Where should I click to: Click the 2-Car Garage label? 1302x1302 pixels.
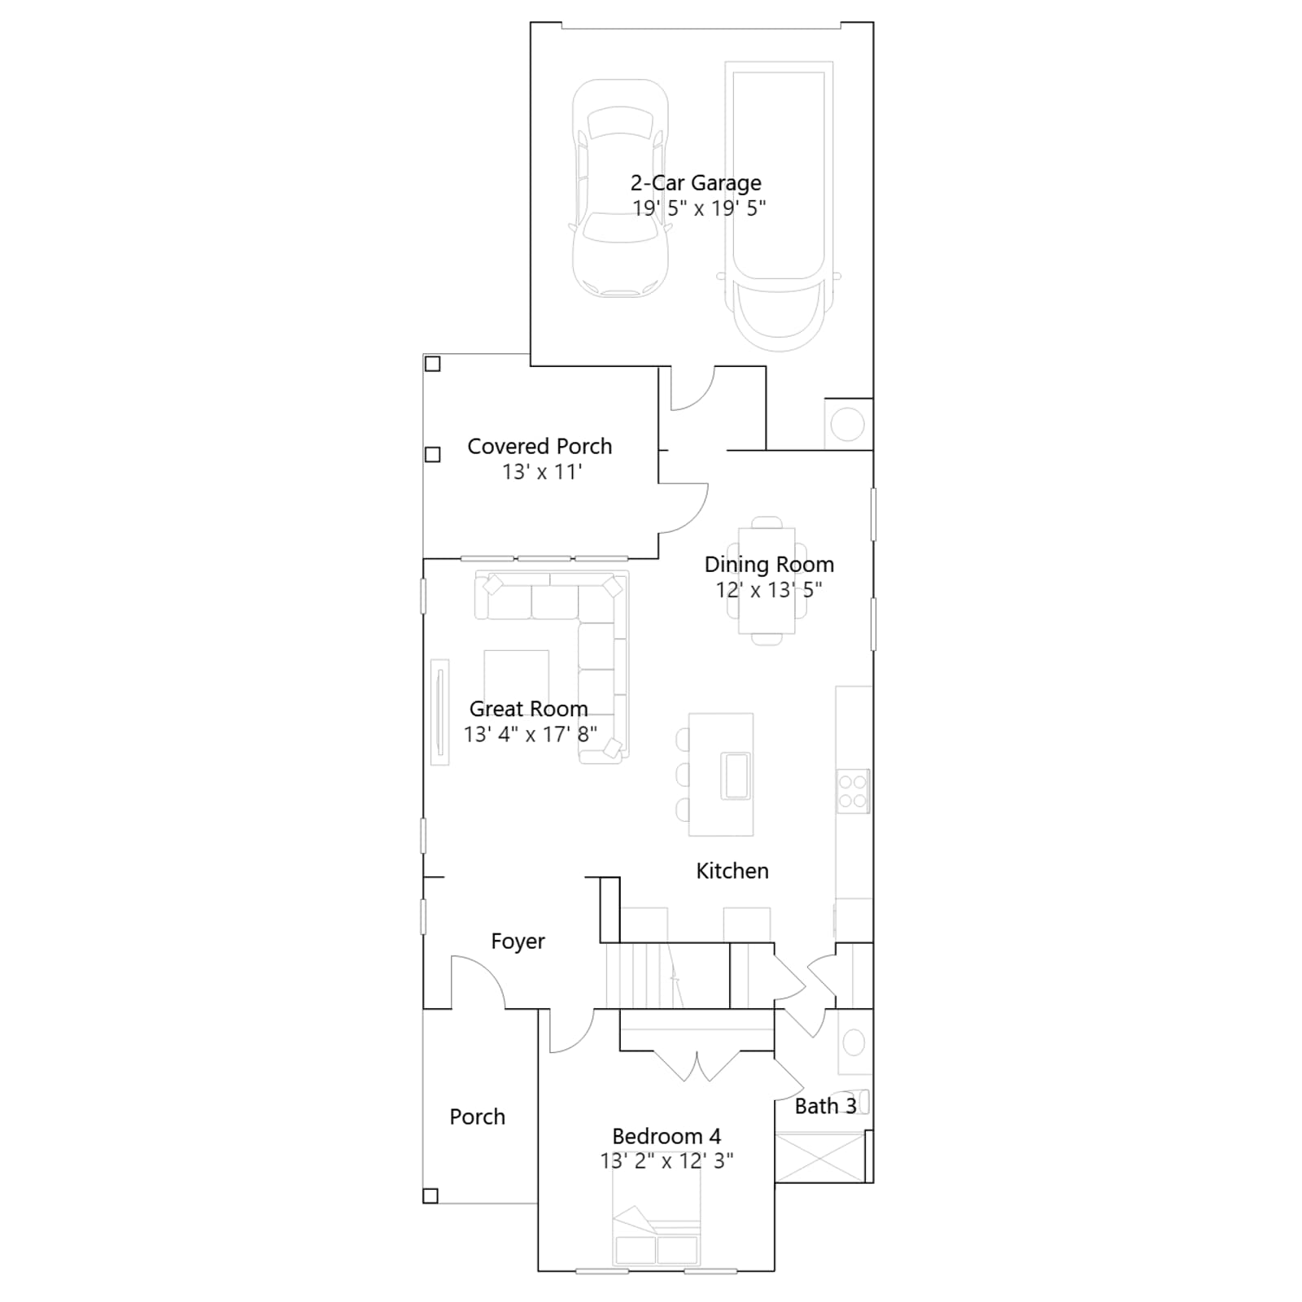point(696,183)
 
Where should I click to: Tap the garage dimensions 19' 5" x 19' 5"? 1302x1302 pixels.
point(699,208)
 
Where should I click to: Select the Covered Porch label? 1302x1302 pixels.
point(540,446)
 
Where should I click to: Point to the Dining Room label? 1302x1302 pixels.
point(769,565)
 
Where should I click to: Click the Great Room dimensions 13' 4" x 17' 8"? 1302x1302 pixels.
point(531,734)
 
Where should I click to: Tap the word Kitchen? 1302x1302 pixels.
point(732,871)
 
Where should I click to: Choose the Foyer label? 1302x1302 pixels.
point(518,942)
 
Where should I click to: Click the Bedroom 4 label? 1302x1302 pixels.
point(666,1136)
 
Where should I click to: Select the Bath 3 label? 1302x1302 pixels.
point(825,1106)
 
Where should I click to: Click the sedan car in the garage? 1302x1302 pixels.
point(620,188)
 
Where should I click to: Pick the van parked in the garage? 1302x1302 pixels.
point(779,206)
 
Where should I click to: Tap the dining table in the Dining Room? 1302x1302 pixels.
point(767,581)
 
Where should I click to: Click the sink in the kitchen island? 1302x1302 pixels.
point(735,776)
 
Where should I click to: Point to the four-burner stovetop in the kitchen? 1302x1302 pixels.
point(853,791)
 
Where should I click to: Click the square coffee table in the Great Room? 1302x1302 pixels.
point(516,682)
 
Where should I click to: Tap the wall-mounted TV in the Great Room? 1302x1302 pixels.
point(439,712)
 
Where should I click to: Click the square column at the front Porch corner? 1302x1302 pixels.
point(430,1195)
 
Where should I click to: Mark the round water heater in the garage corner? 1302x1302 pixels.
point(847,424)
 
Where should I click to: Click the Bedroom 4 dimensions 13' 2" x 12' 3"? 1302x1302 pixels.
point(666,1161)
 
